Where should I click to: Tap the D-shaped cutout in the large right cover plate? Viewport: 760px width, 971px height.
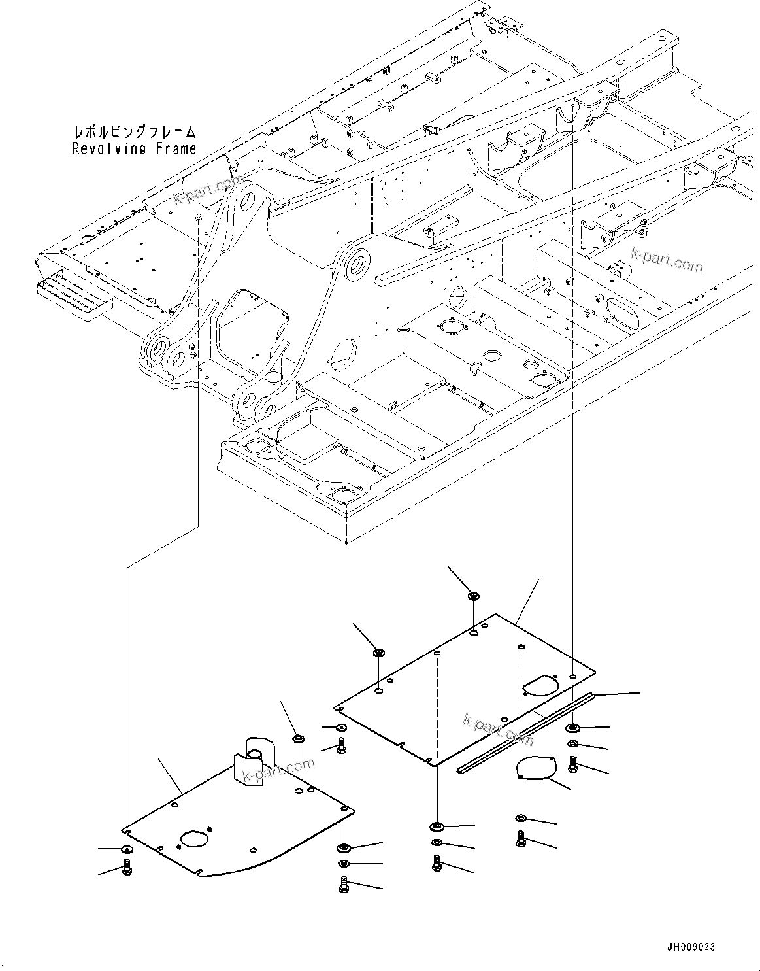pyautogui.click(x=539, y=685)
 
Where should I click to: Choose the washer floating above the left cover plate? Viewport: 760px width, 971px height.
pyautogui.click(x=298, y=740)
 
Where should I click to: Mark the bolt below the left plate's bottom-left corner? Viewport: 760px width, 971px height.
pyautogui.click(x=127, y=868)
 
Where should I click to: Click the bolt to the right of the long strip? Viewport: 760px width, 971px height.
pyautogui.click(x=573, y=763)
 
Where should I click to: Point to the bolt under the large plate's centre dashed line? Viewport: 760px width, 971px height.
pyautogui.click(x=437, y=863)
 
